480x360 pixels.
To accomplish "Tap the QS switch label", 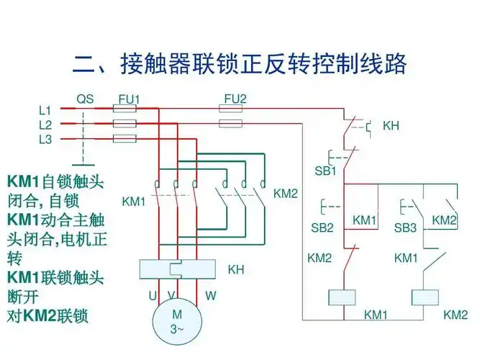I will [x=85, y=99].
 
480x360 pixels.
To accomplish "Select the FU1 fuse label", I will [x=129, y=99].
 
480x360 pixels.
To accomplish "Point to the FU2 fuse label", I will [x=235, y=98].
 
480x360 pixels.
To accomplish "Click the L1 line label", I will [x=45, y=110].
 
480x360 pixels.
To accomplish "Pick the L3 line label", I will [x=45, y=139].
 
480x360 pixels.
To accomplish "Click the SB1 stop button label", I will [x=325, y=171].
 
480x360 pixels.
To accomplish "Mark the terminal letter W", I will [x=210, y=295].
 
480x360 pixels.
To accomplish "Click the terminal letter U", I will [x=153, y=295].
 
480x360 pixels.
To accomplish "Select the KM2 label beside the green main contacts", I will [x=286, y=194].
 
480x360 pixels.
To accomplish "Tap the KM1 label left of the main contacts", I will [x=134, y=201].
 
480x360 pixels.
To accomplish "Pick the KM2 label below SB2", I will [x=320, y=257].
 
